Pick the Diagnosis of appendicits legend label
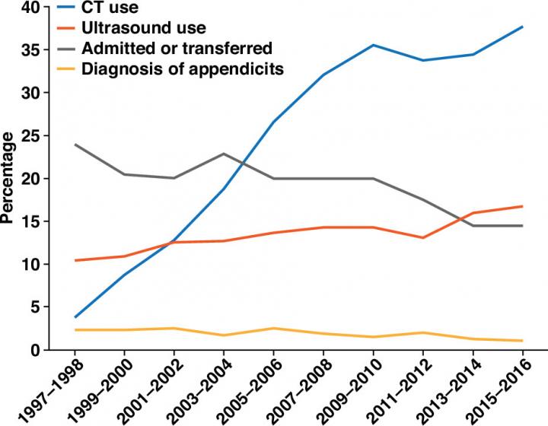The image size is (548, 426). coord(183,69)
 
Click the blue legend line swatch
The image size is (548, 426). coord(60,8)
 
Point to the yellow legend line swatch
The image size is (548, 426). coord(60,69)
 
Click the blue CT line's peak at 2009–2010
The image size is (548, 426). coord(373,45)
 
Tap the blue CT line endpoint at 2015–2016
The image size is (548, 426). coord(522,27)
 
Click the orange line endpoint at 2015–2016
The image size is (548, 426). coord(522,206)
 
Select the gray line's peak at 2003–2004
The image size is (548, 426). coord(223,154)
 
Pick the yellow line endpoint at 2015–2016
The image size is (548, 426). coord(522,341)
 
